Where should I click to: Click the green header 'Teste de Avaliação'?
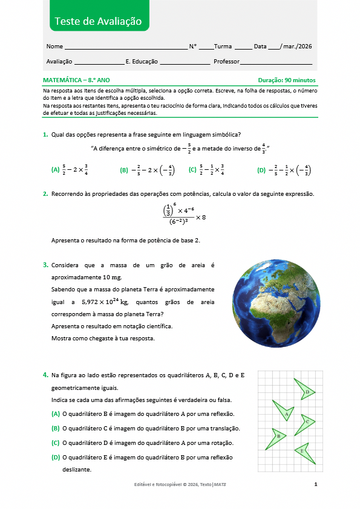[98, 21]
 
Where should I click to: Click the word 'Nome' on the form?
[54, 46]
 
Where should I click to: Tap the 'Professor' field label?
[227, 62]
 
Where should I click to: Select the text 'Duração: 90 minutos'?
[286, 80]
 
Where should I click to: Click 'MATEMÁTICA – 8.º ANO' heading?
[77, 80]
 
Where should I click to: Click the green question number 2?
[45, 194]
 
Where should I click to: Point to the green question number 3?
[45, 265]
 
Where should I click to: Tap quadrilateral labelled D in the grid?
[305, 391]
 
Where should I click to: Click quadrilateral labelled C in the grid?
[306, 422]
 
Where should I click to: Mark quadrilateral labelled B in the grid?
[277, 436]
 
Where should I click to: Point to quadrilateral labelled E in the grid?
[301, 451]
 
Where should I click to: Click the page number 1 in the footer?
[316, 485]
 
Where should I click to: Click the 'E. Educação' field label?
[142, 62]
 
